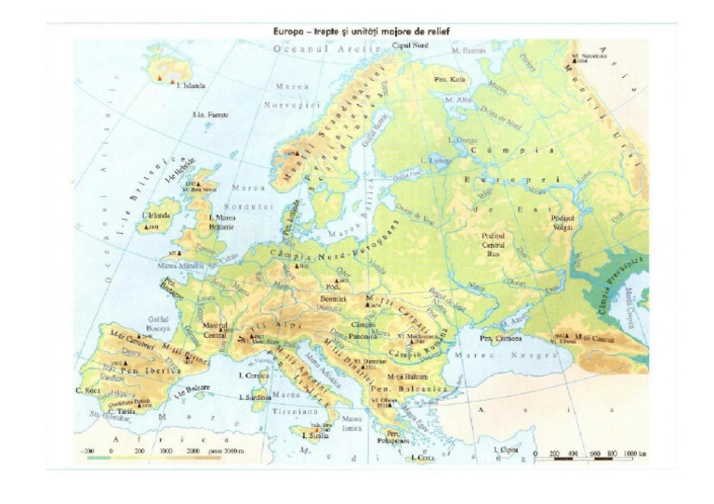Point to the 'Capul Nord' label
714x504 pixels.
[408, 45]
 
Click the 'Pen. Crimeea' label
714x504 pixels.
[499, 339]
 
